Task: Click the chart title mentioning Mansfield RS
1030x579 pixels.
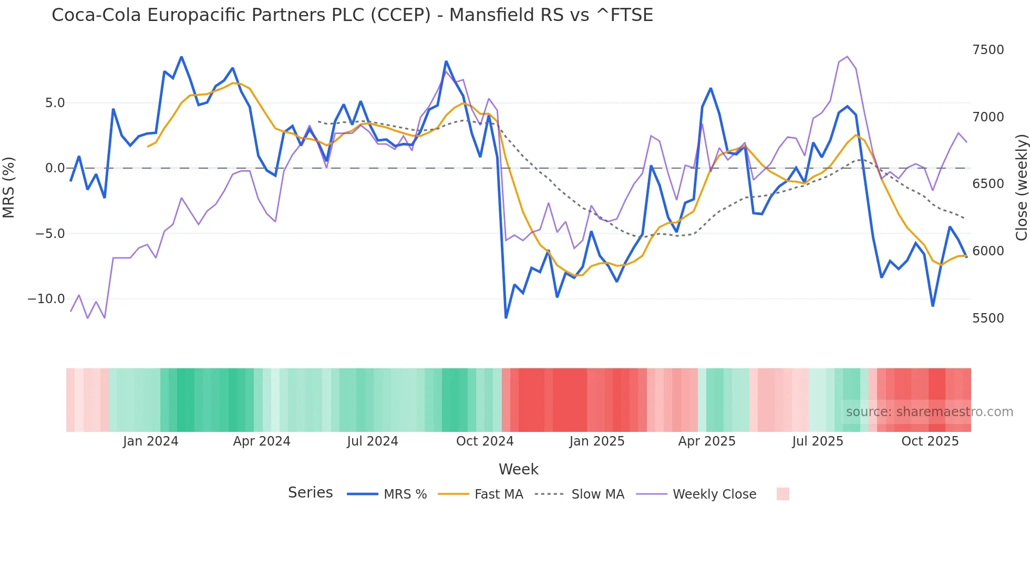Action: pyautogui.click(x=352, y=15)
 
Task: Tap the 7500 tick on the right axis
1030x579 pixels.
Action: pyautogui.click(x=988, y=50)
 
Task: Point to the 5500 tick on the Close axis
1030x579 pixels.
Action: pyautogui.click(x=988, y=318)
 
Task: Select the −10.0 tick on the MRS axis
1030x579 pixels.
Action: pyautogui.click(x=46, y=299)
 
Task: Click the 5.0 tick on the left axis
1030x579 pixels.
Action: pyautogui.click(x=55, y=103)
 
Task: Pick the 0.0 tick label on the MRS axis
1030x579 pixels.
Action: pyautogui.click(x=55, y=168)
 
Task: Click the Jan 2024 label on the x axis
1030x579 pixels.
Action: pyautogui.click(x=151, y=441)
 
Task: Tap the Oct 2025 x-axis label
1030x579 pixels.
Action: pyautogui.click(x=930, y=441)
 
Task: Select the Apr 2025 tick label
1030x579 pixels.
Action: pyautogui.click(x=707, y=441)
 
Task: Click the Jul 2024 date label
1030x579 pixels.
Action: pyautogui.click(x=373, y=441)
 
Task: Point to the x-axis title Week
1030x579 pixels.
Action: pyautogui.click(x=518, y=469)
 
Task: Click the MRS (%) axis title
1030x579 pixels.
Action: pyautogui.click(x=9, y=187)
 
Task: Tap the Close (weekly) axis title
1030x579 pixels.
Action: pyautogui.click(x=1021, y=187)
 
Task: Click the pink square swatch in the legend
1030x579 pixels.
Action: pyautogui.click(x=782, y=494)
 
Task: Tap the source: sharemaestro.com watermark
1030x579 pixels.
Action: pyautogui.click(x=929, y=412)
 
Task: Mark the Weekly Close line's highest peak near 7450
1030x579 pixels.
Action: pyautogui.click(x=847, y=56)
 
